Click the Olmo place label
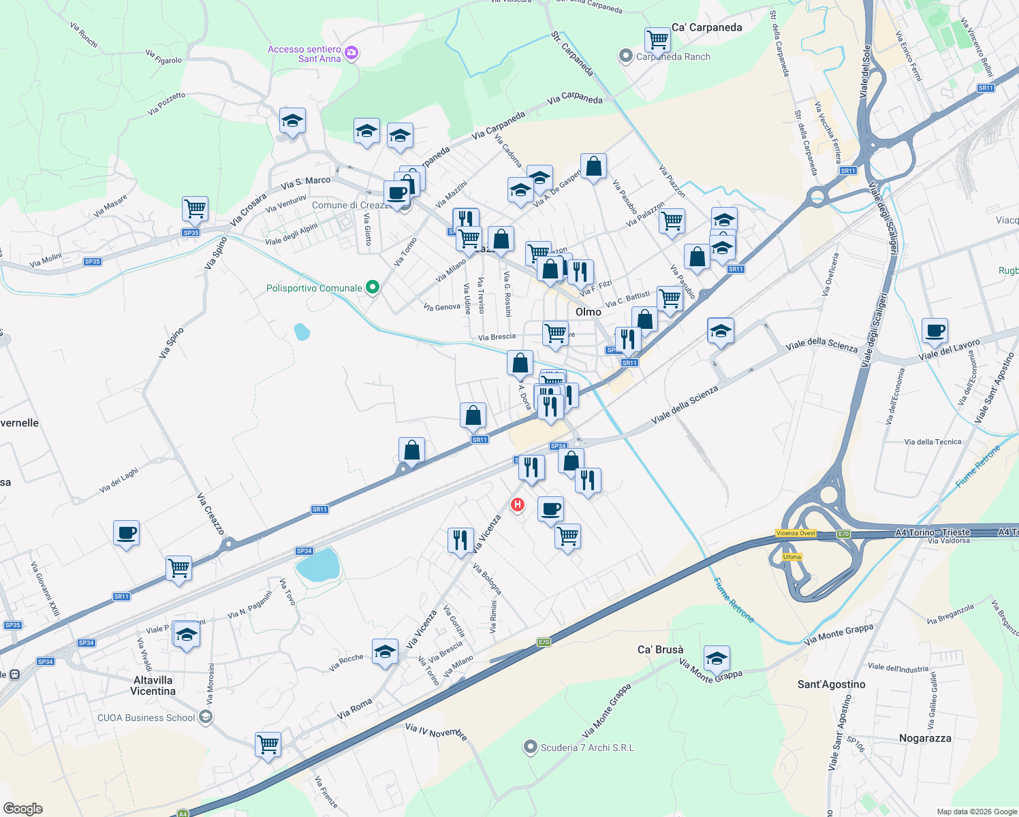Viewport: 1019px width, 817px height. [589, 312]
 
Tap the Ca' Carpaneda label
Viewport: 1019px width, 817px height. [706, 27]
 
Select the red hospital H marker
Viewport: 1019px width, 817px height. [518, 504]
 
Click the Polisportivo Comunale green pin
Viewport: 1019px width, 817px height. [372, 288]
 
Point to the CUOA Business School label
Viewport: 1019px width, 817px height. [146, 718]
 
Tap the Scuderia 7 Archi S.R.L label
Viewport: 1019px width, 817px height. [586, 748]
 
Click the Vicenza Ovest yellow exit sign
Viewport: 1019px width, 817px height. [796, 533]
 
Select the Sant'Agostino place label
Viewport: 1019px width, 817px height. [831, 684]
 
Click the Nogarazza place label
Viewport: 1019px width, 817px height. [924, 738]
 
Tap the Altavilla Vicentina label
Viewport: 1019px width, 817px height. [153, 686]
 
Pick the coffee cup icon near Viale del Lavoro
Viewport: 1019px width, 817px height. [935, 330]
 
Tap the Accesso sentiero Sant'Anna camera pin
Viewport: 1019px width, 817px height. [351, 53]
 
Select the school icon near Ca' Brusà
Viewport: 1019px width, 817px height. [717, 658]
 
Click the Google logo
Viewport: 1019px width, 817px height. [22, 809]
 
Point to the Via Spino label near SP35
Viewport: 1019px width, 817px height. [215, 253]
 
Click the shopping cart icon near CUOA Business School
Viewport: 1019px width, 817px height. [268, 743]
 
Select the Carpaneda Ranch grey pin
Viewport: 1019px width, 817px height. [625, 57]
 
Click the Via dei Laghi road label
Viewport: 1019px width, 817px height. [119, 480]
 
